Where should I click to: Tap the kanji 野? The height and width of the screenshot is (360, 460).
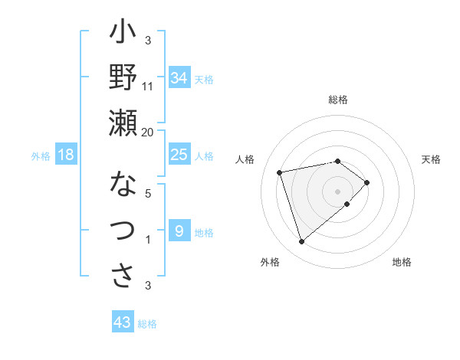123,79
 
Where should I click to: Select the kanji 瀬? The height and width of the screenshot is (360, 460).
123,123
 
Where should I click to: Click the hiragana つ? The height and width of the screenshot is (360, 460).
123,231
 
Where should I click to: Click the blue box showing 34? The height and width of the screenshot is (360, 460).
179,78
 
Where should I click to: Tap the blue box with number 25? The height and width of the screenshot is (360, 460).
179,155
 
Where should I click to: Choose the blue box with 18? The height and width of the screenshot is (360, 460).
66,155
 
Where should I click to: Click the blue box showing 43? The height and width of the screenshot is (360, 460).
122,322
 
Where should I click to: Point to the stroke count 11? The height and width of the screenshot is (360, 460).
148,86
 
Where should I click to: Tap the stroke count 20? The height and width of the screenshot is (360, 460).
147,132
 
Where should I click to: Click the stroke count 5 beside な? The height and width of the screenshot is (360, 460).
148,193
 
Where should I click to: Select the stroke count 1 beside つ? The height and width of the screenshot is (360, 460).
148,239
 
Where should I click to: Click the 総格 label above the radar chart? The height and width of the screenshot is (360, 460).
338,100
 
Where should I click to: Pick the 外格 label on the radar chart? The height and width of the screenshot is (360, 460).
270,262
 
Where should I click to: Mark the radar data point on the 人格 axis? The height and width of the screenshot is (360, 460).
280,172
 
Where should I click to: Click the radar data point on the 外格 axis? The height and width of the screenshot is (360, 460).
301,242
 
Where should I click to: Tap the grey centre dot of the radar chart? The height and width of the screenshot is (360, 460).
337,190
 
